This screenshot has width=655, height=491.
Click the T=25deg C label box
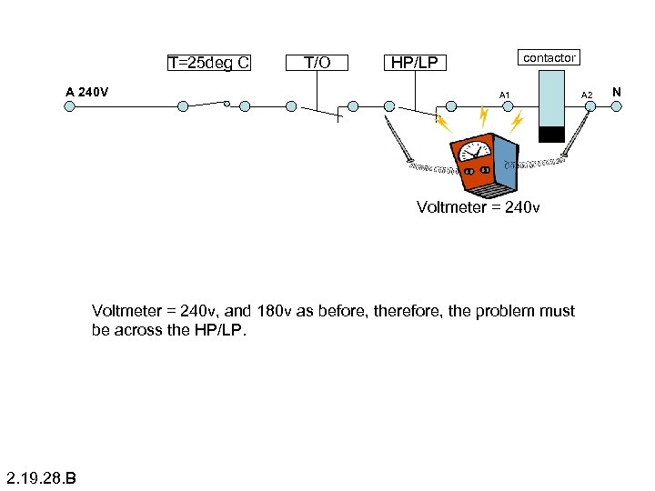[209, 63]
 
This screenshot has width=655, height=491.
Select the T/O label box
[317, 63]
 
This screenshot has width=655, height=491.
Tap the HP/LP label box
[414, 63]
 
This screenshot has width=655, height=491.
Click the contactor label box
[549, 57]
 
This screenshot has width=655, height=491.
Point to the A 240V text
[87, 92]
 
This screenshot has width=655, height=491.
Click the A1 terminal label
[505, 95]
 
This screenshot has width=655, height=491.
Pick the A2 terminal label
[587, 95]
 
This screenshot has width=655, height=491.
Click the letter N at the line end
[617, 92]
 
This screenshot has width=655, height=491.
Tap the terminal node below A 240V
[69, 105]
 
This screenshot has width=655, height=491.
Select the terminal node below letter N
[617, 105]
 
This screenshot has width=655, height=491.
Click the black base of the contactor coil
[551, 135]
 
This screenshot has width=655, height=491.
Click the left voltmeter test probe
[398, 142]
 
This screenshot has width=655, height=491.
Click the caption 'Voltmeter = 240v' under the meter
[478, 207]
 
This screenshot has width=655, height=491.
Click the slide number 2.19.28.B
[40, 477]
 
